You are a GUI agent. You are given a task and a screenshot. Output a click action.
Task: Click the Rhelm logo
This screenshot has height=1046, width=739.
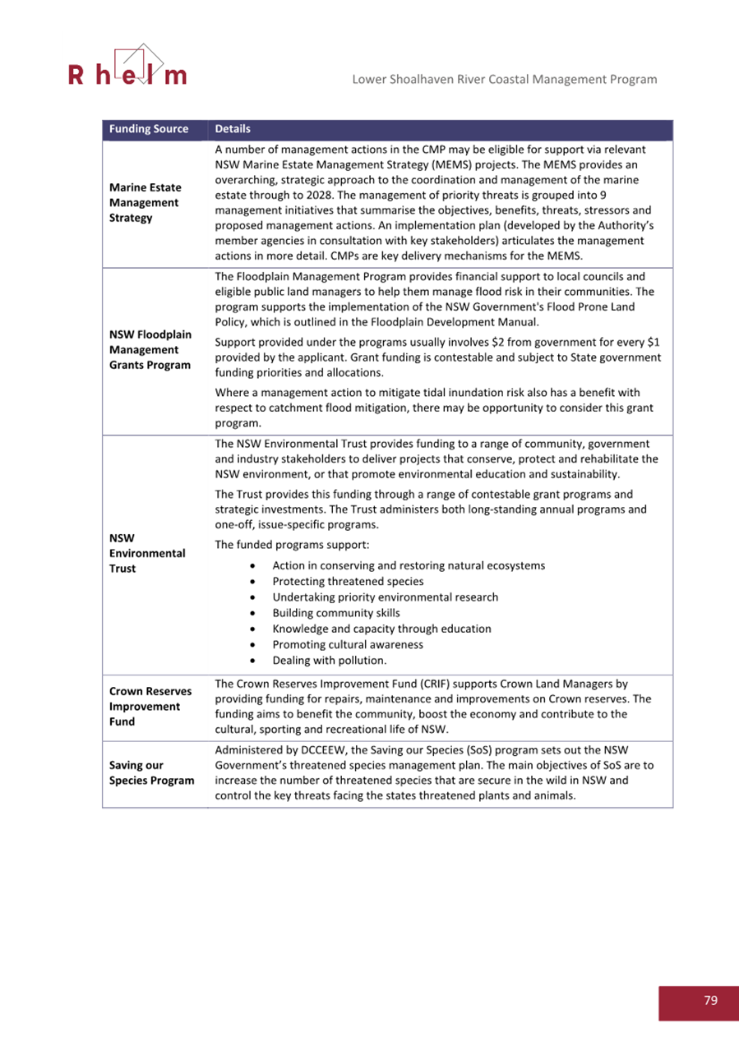[127, 67]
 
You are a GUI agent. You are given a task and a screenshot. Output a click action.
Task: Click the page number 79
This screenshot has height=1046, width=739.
[710, 1000]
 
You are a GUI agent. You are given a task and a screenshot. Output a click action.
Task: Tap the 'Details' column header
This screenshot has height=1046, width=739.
[232, 130]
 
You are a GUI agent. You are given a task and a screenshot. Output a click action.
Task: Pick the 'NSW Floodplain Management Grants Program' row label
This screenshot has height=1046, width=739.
[151, 350]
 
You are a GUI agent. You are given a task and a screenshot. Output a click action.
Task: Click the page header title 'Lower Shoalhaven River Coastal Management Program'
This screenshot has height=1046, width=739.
[504, 79]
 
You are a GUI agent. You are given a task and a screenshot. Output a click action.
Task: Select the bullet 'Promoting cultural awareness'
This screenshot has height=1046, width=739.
[348, 644]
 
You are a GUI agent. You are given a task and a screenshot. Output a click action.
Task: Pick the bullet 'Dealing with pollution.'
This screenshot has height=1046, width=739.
[329, 660]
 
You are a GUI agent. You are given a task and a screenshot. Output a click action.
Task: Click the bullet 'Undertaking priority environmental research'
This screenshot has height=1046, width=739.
[385, 597]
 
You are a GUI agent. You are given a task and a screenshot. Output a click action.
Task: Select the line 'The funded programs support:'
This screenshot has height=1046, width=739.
[284, 544]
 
